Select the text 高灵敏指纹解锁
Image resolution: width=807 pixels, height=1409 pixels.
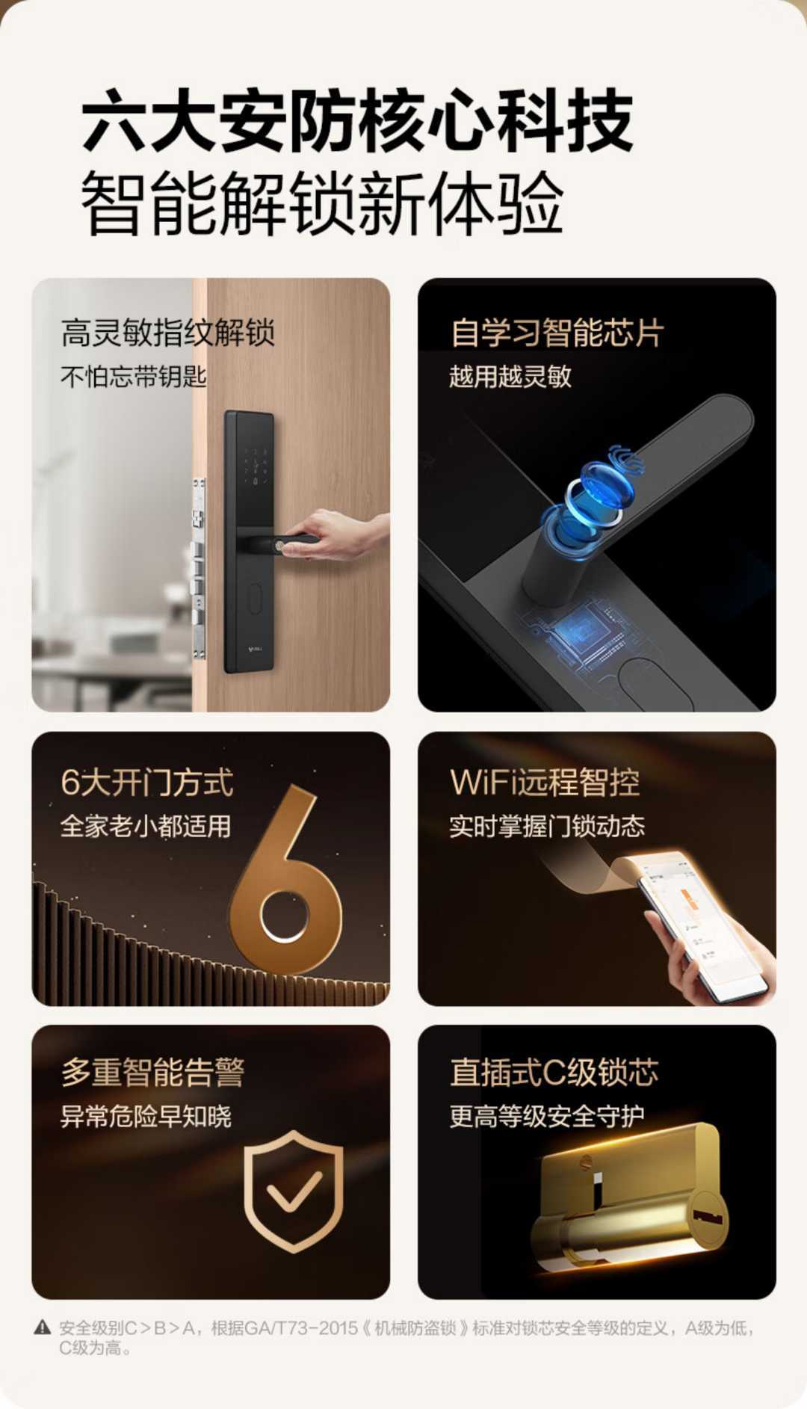click(x=168, y=333)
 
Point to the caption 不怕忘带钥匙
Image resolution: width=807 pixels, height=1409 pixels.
click(x=133, y=376)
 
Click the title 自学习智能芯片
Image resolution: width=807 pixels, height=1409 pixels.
click(x=557, y=333)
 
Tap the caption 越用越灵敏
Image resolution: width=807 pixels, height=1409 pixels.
click(x=510, y=376)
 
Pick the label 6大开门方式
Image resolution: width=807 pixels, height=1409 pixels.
click(x=147, y=783)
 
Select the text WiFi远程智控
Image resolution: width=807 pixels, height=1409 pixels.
click(x=545, y=783)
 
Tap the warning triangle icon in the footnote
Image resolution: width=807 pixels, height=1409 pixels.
click(x=43, y=1328)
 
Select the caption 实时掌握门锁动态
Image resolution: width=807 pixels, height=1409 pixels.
click(x=547, y=826)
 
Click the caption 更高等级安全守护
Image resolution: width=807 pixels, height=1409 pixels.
click(x=547, y=1116)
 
